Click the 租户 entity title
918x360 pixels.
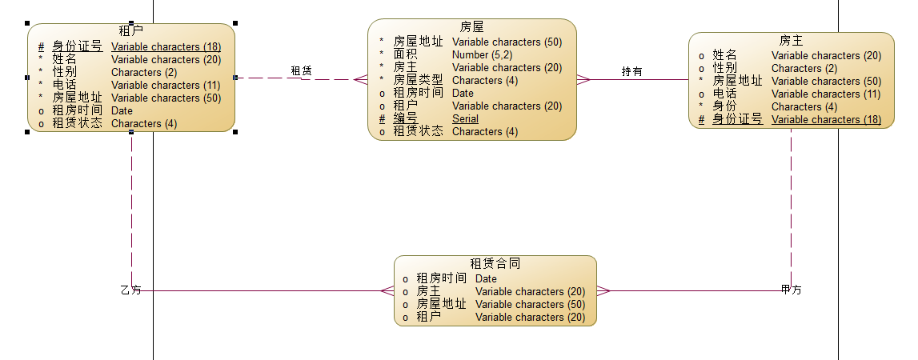[x=131, y=31]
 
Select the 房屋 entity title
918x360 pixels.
[x=472, y=27]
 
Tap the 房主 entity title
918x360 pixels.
[x=791, y=41]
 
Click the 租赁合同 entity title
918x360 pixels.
[x=495, y=263]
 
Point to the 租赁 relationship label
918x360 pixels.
[x=301, y=71]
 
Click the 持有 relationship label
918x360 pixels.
[x=632, y=72]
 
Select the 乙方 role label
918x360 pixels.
[x=130, y=290]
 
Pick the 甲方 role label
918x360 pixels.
[x=791, y=290]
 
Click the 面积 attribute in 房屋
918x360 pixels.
[x=405, y=54]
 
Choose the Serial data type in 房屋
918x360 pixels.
[x=465, y=118]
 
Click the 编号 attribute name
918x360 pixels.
[x=405, y=118]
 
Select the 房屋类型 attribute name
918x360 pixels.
[x=418, y=80]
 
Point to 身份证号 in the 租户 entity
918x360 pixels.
[x=77, y=46]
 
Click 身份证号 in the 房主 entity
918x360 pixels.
[x=737, y=119]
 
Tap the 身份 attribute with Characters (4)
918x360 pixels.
[x=725, y=106]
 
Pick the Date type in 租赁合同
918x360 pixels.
[x=486, y=278]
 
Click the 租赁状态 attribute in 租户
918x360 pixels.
[x=77, y=123]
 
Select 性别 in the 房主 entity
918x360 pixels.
[x=725, y=68]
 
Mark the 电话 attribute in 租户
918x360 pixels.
[x=65, y=85]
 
